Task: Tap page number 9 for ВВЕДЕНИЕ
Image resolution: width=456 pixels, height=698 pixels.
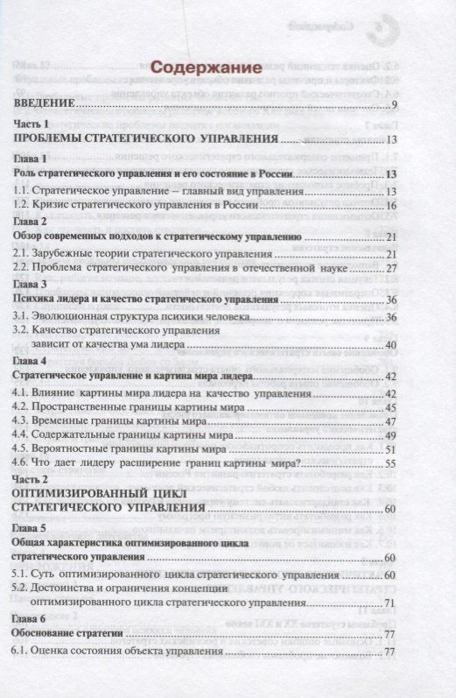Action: tap(395, 106)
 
